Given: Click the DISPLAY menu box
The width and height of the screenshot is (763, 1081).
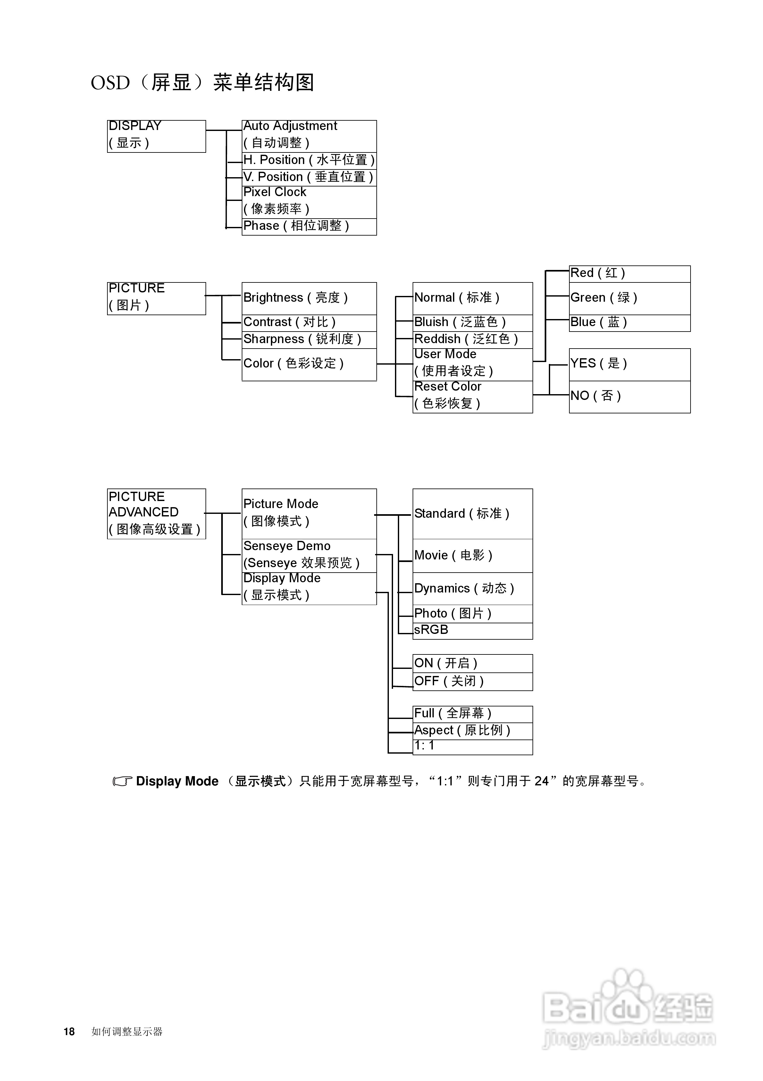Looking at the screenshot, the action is click(157, 136).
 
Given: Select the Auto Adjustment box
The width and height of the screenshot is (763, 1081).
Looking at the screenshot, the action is click(309, 136).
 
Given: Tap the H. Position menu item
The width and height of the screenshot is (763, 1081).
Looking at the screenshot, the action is click(309, 160).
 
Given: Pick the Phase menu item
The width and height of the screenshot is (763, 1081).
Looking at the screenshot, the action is click(309, 227).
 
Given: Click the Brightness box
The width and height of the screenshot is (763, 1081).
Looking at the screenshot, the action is click(309, 298).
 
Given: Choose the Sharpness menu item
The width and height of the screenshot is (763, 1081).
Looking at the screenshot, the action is click(309, 340).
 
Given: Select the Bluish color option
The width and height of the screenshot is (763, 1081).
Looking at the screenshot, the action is click(473, 323).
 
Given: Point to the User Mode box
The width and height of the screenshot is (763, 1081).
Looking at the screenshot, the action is click(473, 364).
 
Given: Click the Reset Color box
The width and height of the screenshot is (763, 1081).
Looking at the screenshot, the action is click(473, 397).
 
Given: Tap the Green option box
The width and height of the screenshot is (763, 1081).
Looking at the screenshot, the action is click(630, 298).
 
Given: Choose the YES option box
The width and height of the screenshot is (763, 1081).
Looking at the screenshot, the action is click(630, 364).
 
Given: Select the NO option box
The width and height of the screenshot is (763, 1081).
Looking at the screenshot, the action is click(630, 397).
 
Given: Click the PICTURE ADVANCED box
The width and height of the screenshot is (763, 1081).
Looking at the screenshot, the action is click(157, 514).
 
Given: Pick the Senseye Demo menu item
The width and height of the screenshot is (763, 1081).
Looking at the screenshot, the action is click(309, 556).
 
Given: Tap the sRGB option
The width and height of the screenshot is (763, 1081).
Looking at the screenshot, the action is click(473, 631).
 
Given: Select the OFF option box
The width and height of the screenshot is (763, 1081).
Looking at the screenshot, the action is click(473, 681).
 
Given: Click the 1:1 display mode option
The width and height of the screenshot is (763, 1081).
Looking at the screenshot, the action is click(473, 747).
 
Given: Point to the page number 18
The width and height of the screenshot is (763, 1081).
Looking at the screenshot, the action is click(69, 1032).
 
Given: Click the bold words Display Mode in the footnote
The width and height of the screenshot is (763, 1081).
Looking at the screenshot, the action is click(177, 781).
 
